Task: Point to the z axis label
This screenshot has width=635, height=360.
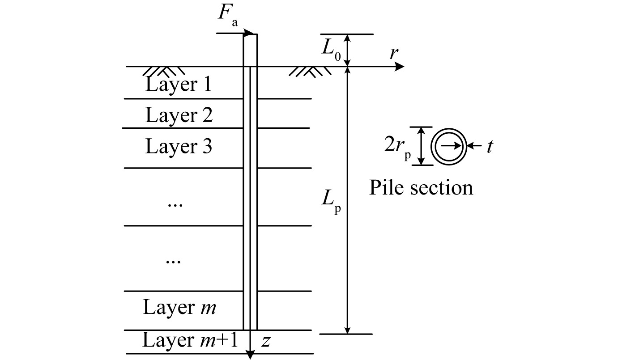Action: [265, 342]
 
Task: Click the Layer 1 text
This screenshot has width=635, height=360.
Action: [178, 85]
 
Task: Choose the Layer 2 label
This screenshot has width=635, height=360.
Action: [179, 115]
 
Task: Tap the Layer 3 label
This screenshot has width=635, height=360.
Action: [179, 146]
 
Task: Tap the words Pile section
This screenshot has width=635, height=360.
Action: [421, 188]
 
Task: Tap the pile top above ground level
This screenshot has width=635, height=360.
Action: [250, 49]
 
